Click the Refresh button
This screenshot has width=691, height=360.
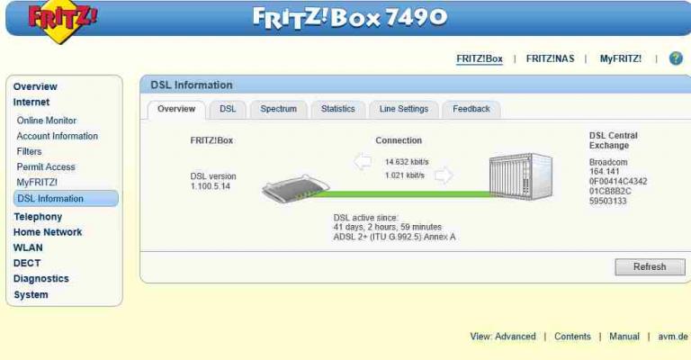649,267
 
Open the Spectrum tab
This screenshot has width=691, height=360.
278,109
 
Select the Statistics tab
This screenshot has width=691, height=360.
337,109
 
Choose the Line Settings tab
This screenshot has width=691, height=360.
404,109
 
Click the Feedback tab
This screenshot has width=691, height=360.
471,109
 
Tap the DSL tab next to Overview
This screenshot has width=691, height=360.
228,109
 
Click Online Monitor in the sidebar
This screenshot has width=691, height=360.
46,121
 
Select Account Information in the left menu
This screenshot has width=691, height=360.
57,136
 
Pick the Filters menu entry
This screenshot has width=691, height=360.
29,151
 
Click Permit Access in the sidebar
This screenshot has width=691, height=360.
46,166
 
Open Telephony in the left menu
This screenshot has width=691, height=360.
38,217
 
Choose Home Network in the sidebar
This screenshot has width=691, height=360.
47,232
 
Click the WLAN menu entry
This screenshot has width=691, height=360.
28,247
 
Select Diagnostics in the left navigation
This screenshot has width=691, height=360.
40,279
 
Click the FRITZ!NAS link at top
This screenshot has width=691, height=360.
550,58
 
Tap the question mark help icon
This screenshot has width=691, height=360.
676,58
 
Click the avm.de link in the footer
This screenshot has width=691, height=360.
672,337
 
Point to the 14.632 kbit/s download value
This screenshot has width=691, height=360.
406,162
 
